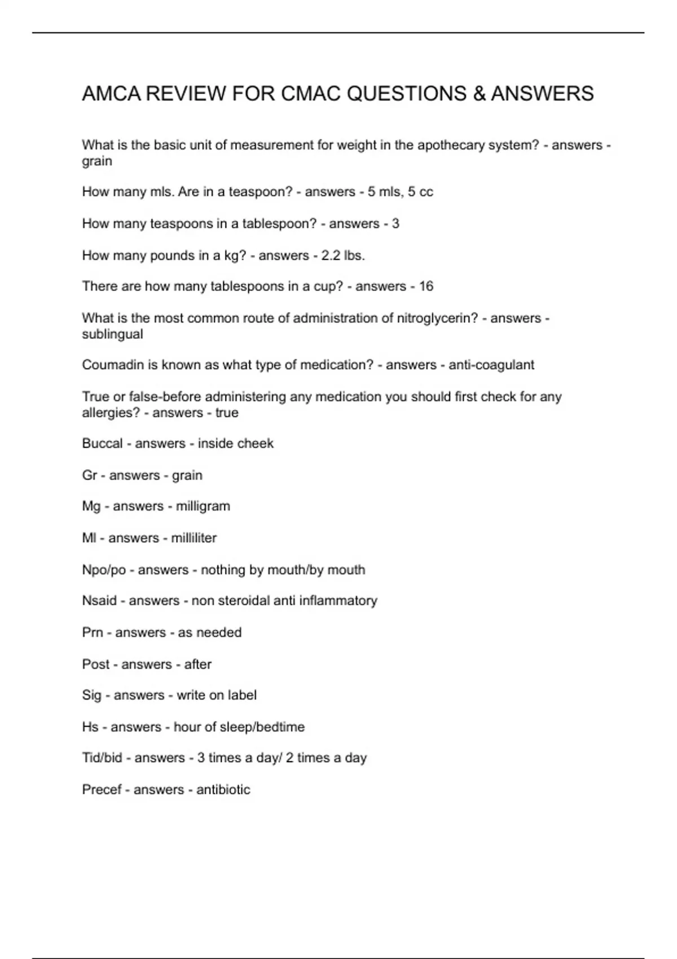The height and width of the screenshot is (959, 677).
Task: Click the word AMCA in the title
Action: click(x=111, y=94)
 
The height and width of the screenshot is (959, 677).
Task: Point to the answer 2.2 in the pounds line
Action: click(x=331, y=256)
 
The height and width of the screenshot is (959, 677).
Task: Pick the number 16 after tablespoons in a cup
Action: click(x=426, y=287)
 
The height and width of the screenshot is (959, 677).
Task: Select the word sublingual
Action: click(x=112, y=334)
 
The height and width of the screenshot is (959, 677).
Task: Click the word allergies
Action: click(x=111, y=413)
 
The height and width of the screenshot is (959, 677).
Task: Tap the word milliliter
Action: click(x=194, y=538)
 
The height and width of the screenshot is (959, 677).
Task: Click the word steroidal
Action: click(x=241, y=601)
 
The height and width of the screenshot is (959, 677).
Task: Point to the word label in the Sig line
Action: click(x=241, y=695)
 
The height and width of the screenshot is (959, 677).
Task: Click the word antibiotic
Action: click(x=223, y=790)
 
